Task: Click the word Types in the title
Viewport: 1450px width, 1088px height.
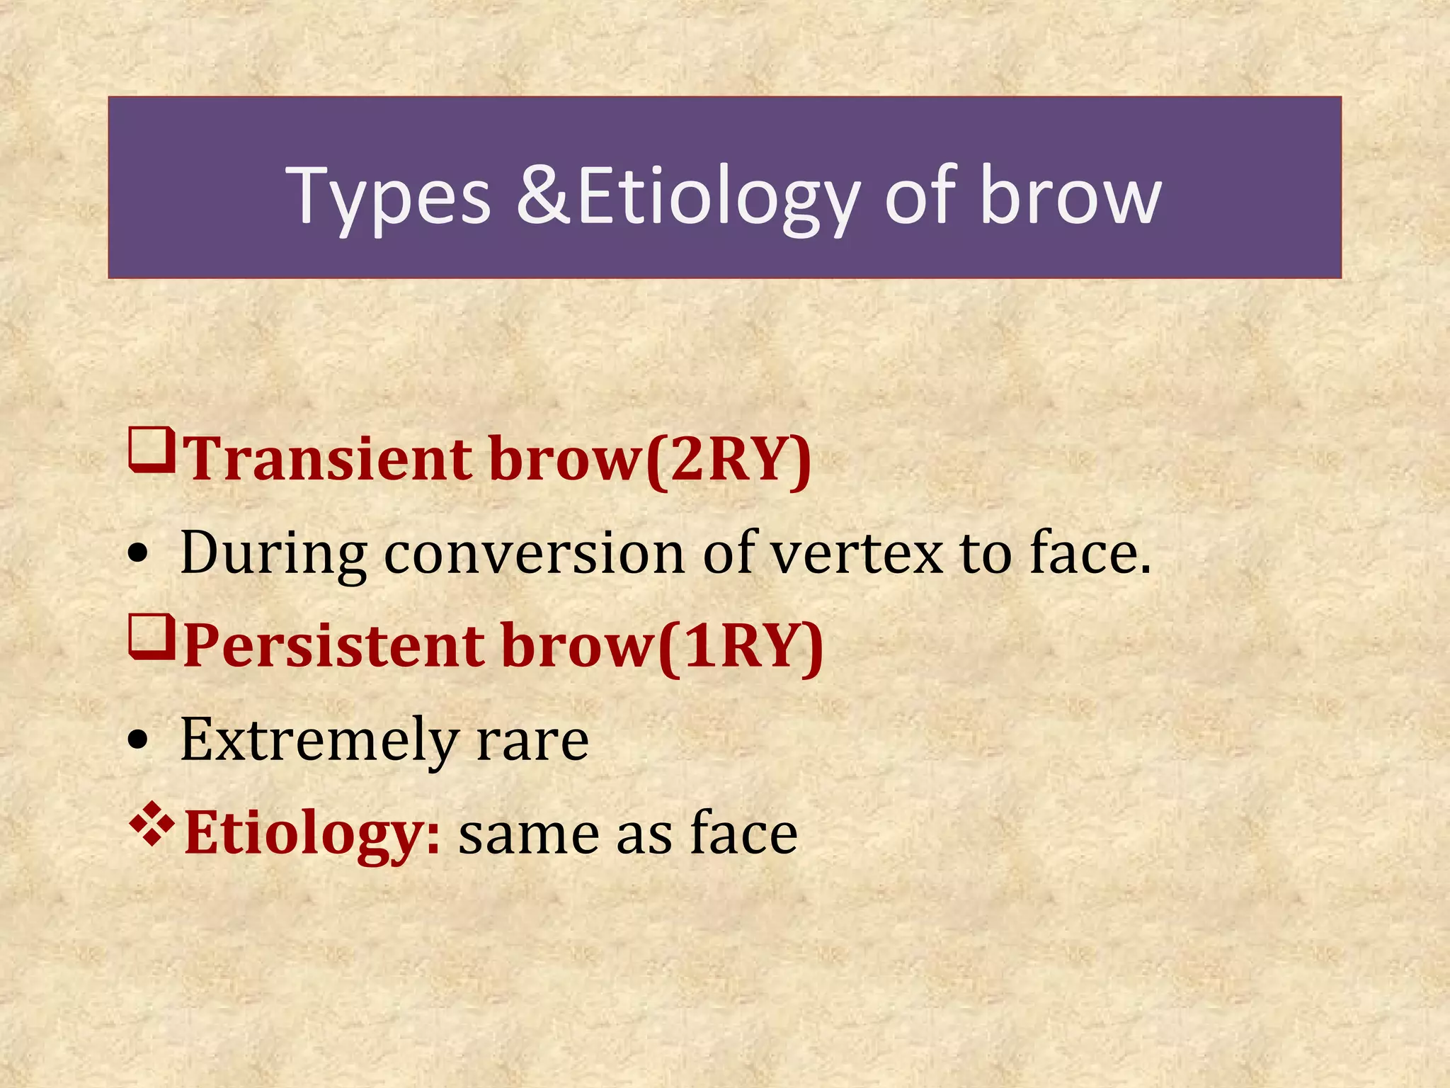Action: [x=388, y=197]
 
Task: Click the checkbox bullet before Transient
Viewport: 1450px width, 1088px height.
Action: [x=152, y=450]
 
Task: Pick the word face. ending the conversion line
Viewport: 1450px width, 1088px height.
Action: [x=1090, y=552]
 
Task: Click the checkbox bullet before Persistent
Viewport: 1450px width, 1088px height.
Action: [x=152, y=637]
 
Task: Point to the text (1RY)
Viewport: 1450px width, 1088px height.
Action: [x=741, y=646]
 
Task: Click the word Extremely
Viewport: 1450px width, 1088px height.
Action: [x=319, y=741]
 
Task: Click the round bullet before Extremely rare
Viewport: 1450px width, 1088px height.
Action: [x=139, y=741]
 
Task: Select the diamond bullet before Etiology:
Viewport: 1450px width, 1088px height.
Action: [x=152, y=824]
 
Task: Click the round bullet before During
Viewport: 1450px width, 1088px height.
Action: [x=139, y=555]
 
